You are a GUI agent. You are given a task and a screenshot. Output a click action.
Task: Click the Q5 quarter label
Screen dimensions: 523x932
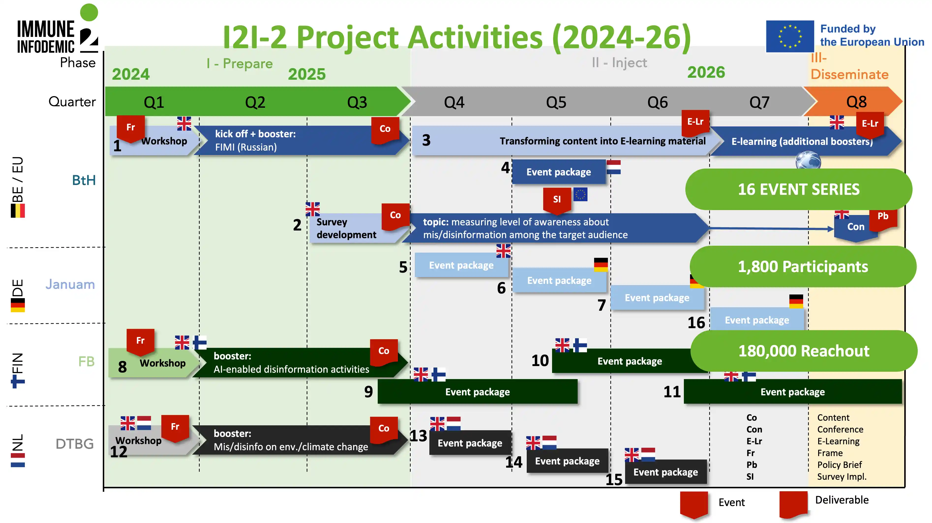tap(556, 102)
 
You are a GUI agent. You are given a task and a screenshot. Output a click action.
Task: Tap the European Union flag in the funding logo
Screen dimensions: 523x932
tap(790, 36)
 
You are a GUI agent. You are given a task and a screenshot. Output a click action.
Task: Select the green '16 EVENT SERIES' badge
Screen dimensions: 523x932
tap(798, 189)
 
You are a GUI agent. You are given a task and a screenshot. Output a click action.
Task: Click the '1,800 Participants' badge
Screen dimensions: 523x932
tap(803, 267)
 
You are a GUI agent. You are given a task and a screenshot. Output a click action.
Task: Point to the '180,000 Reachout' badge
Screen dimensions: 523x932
tap(804, 351)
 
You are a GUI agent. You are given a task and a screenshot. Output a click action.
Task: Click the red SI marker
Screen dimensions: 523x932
tap(557, 199)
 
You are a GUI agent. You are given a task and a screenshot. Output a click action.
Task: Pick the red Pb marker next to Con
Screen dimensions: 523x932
tap(883, 217)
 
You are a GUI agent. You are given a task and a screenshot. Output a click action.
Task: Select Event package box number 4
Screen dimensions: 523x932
tap(559, 172)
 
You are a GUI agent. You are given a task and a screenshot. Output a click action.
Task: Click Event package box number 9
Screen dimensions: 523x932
tap(477, 392)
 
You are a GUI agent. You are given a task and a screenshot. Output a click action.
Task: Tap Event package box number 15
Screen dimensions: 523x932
tap(665, 472)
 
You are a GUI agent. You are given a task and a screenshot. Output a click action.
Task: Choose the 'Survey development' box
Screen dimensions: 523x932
tap(346, 228)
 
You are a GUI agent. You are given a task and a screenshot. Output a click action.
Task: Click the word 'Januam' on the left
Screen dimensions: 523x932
tap(70, 284)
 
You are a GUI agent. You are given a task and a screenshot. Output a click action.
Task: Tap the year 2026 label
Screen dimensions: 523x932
tap(706, 72)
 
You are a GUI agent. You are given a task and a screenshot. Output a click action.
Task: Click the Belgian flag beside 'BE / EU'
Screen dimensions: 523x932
tap(18, 211)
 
